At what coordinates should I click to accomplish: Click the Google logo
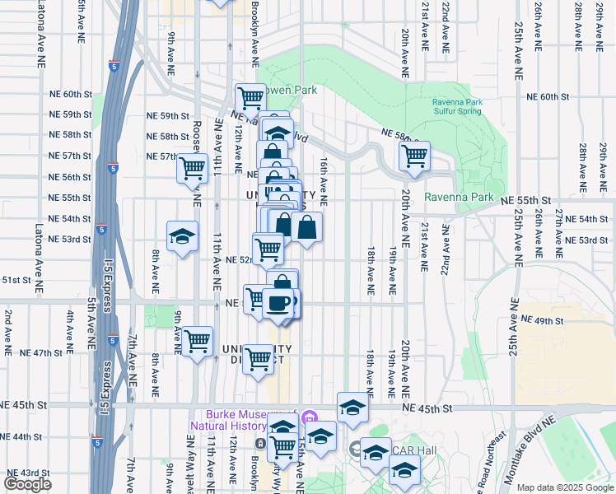pyautogui.click(x=27, y=484)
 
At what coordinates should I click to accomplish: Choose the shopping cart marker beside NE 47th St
pyautogui.click(x=198, y=340)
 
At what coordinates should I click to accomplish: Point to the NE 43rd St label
pyautogui.click(x=30, y=473)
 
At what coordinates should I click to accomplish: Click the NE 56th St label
pyautogui.click(x=69, y=177)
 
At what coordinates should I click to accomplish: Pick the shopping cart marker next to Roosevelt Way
pyautogui.click(x=192, y=168)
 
